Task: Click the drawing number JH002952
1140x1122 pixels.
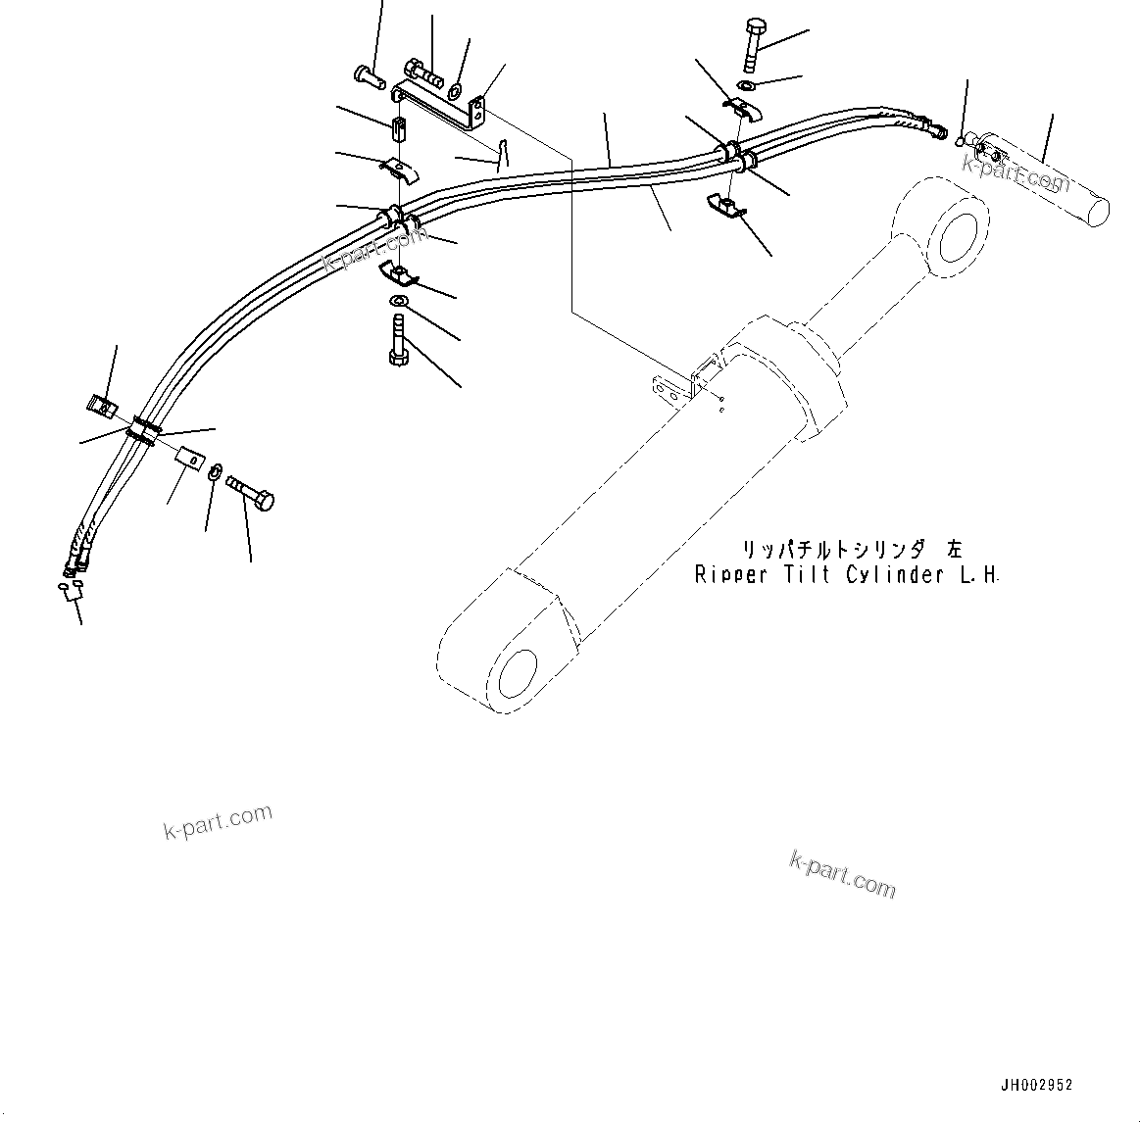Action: click(1036, 1085)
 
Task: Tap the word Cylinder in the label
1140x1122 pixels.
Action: click(893, 575)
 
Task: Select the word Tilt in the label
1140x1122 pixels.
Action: click(808, 575)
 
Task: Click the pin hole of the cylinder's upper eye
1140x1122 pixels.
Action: click(959, 237)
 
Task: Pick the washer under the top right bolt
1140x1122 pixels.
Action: click(746, 87)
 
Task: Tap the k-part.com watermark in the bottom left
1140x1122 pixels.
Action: click(218, 821)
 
